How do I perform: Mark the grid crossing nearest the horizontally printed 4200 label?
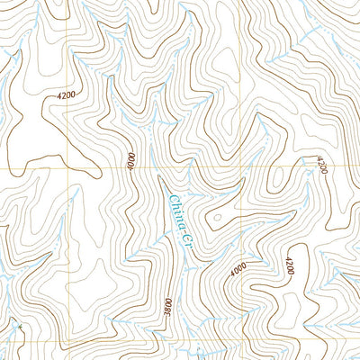[x=67, y=167]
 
